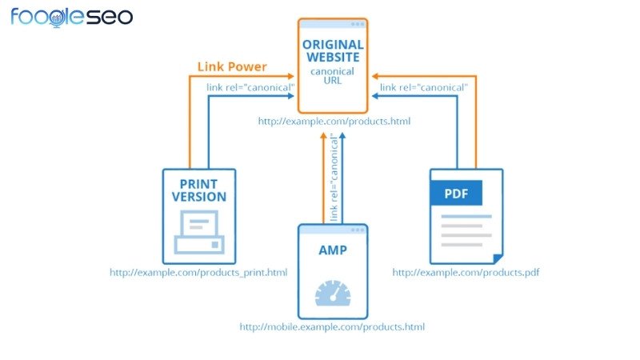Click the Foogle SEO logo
(x=72, y=16)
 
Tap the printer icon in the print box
(x=198, y=232)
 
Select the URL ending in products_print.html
(x=198, y=273)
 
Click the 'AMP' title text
(x=332, y=250)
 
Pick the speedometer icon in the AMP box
(x=332, y=294)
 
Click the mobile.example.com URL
(x=332, y=327)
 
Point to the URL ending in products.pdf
(x=466, y=273)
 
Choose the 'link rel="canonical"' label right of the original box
(x=423, y=86)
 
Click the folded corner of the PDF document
(x=498, y=258)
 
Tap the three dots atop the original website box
(x=357, y=24)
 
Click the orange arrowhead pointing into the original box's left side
(x=292, y=76)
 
